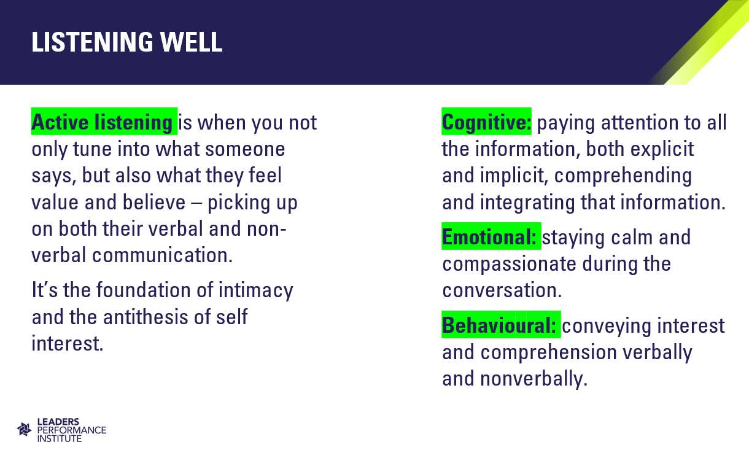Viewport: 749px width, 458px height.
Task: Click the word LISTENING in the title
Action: coord(93,42)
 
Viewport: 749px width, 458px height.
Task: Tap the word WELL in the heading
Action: coord(191,42)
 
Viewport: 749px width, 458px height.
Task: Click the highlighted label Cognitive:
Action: coord(486,122)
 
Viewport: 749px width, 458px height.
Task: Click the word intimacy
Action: coord(256,290)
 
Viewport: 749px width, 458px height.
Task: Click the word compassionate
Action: coord(509,265)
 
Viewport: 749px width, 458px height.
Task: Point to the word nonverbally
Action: coord(534,379)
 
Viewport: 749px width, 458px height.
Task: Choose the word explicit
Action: coord(662,149)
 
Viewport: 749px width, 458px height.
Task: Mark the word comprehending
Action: coord(623,176)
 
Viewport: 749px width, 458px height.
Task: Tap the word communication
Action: coord(162,255)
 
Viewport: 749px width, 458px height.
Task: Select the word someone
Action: coord(245,149)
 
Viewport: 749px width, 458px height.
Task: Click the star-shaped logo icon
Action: coord(24,430)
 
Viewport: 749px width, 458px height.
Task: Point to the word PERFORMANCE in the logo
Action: coord(72,430)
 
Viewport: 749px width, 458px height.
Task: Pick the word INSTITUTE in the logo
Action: coord(59,438)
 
